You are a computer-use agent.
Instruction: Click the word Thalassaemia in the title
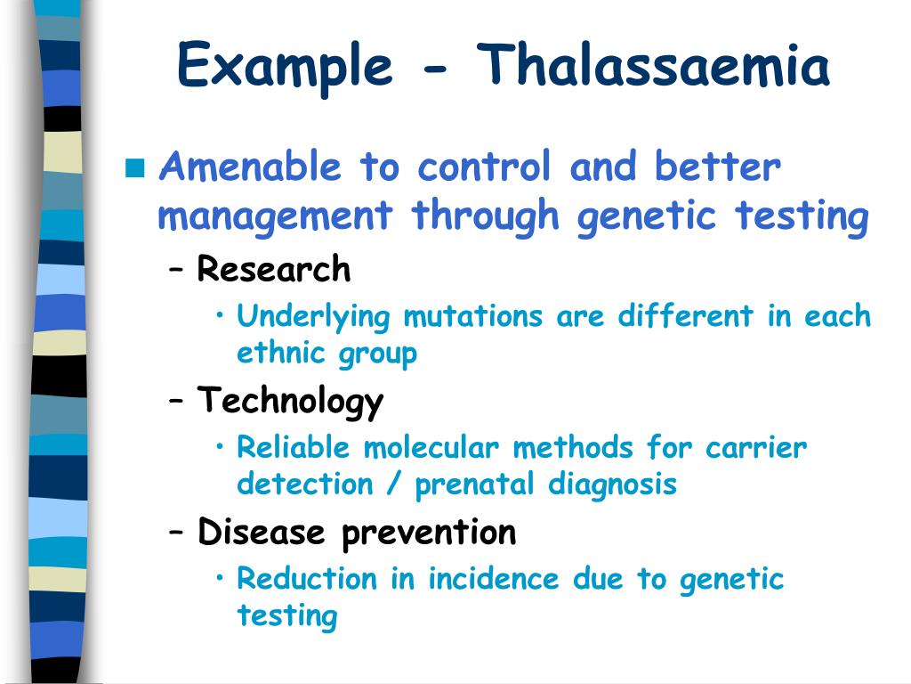coord(654,64)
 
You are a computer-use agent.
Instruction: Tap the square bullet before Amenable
coord(135,167)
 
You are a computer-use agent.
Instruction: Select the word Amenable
coord(250,167)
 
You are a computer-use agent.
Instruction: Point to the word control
coord(484,167)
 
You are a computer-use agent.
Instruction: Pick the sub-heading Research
coord(274,269)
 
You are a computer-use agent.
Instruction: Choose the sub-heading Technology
coord(290,402)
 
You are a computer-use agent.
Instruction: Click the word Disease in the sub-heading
coord(261,532)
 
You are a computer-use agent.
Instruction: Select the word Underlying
coord(313,318)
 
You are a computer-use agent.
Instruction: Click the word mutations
coord(473,317)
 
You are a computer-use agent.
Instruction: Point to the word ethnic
coord(280,353)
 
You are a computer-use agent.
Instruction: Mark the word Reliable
coord(294,448)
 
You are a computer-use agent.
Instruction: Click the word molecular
coord(431,448)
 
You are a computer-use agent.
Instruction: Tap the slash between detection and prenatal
coord(394,484)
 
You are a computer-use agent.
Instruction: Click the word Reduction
coord(307,579)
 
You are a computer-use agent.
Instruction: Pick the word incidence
coord(493,579)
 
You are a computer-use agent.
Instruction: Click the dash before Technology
coord(176,401)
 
